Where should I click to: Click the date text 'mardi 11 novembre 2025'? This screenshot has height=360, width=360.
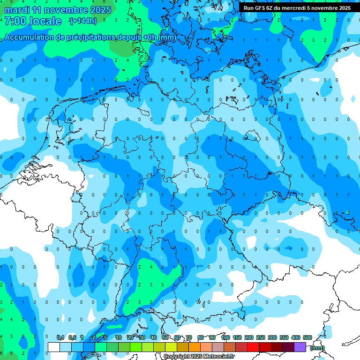[58, 10]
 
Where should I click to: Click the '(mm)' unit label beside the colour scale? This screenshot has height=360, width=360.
[317, 348]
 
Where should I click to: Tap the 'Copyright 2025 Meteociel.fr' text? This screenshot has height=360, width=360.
[199, 357]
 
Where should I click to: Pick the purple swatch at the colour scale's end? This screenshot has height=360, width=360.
[300, 347]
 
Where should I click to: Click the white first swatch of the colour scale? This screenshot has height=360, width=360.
[54, 347]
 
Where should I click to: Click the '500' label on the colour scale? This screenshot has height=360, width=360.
[307, 337]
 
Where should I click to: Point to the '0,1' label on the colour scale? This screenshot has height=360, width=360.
[60, 337]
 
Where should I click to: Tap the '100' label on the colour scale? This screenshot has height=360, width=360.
[225, 337]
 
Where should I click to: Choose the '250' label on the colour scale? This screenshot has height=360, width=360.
[261, 337]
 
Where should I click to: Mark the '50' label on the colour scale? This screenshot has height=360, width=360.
[165, 337]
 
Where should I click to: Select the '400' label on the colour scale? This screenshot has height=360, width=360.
[296, 337]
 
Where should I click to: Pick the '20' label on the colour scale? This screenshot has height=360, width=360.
[130, 337]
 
